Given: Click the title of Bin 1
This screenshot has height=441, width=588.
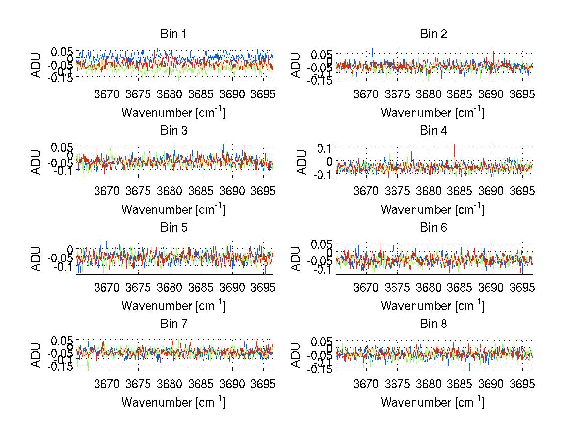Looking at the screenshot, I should [x=173, y=34].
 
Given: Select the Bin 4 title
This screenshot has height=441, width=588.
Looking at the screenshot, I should [x=433, y=131].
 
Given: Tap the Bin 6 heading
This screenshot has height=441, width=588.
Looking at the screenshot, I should [x=433, y=228].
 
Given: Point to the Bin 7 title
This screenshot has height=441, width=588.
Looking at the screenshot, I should [x=173, y=324].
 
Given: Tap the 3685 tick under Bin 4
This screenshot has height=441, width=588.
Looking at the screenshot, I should [x=460, y=190].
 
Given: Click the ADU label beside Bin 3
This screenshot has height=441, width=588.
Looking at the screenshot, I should [x=37, y=161].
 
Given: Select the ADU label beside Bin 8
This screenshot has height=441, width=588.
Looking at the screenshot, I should [x=296, y=354].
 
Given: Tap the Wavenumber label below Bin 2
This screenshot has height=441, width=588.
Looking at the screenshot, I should [x=433, y=113].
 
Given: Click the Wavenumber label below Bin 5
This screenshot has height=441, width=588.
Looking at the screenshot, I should [x=173, y=306].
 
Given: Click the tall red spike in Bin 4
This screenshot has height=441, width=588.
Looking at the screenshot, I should [x=455, y=146].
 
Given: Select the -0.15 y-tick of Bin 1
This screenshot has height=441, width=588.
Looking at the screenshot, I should [x=61, y=78].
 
